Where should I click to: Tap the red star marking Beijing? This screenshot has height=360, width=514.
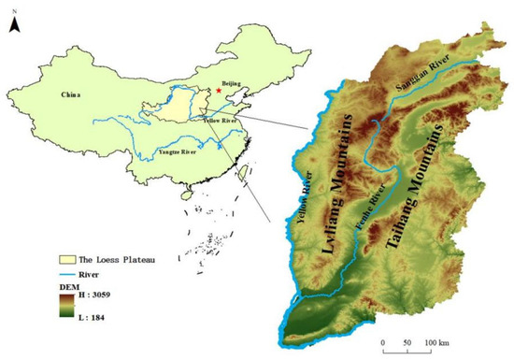220,90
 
